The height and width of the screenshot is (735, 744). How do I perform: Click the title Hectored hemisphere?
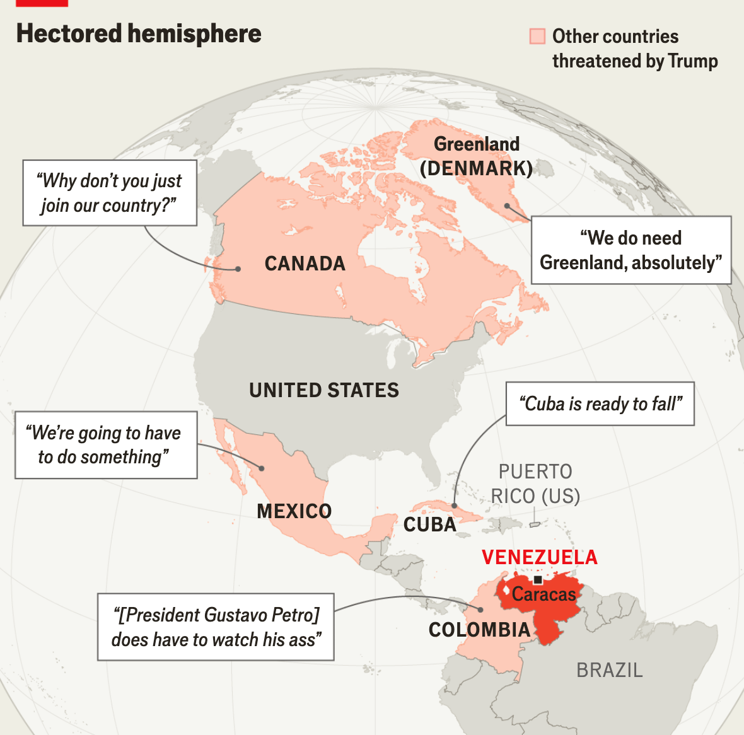click(139, 34)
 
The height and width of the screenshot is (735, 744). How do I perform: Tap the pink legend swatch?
click(537, 36)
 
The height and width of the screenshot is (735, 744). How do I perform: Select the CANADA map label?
click(305, 263)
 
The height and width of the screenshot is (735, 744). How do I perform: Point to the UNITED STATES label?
click(324, 390)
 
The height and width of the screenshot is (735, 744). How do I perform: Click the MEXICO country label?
click(294, 511)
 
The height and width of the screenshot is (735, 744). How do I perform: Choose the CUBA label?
click(430, 524)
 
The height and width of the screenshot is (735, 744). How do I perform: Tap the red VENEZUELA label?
click(540, 557)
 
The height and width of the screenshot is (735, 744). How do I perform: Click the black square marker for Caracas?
click(538, 580)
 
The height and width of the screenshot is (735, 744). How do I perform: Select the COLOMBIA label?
click(480, 630)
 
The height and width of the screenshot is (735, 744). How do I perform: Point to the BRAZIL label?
click(610, 670)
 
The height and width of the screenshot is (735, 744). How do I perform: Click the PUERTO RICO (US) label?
click(536, 484)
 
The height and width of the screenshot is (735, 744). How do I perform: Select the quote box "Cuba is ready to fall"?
click(600, 403)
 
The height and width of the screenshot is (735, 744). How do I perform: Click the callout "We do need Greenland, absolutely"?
click(631, 250)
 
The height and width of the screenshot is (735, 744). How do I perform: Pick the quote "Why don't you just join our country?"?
click(110, 193)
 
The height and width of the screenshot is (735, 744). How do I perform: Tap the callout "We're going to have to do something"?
click(106, 445)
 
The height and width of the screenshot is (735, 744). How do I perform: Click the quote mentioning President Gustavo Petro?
click(216, 627)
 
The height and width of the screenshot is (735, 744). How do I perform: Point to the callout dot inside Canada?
click(238, 269)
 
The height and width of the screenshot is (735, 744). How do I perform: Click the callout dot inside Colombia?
click(480, 610)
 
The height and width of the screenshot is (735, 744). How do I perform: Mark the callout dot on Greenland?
click(508, 206)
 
